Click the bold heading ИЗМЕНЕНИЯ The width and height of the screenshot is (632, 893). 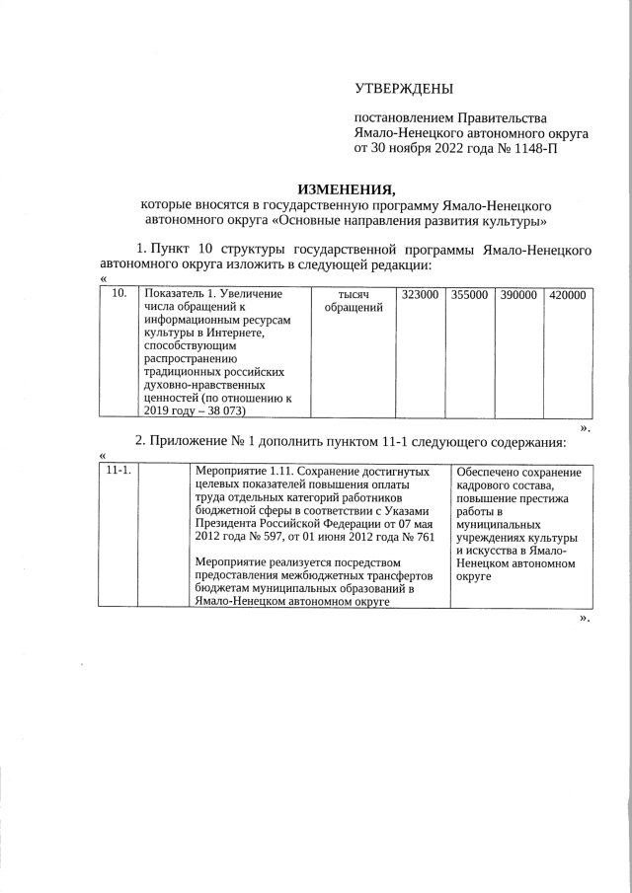[x=346, y=188]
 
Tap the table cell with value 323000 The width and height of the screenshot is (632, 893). [x=420, y=294]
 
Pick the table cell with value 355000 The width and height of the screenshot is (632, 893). [x=468, y=294]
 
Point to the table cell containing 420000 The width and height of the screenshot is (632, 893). [x=567, y=294]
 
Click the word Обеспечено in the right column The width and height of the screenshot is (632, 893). [x=492, y=472]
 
